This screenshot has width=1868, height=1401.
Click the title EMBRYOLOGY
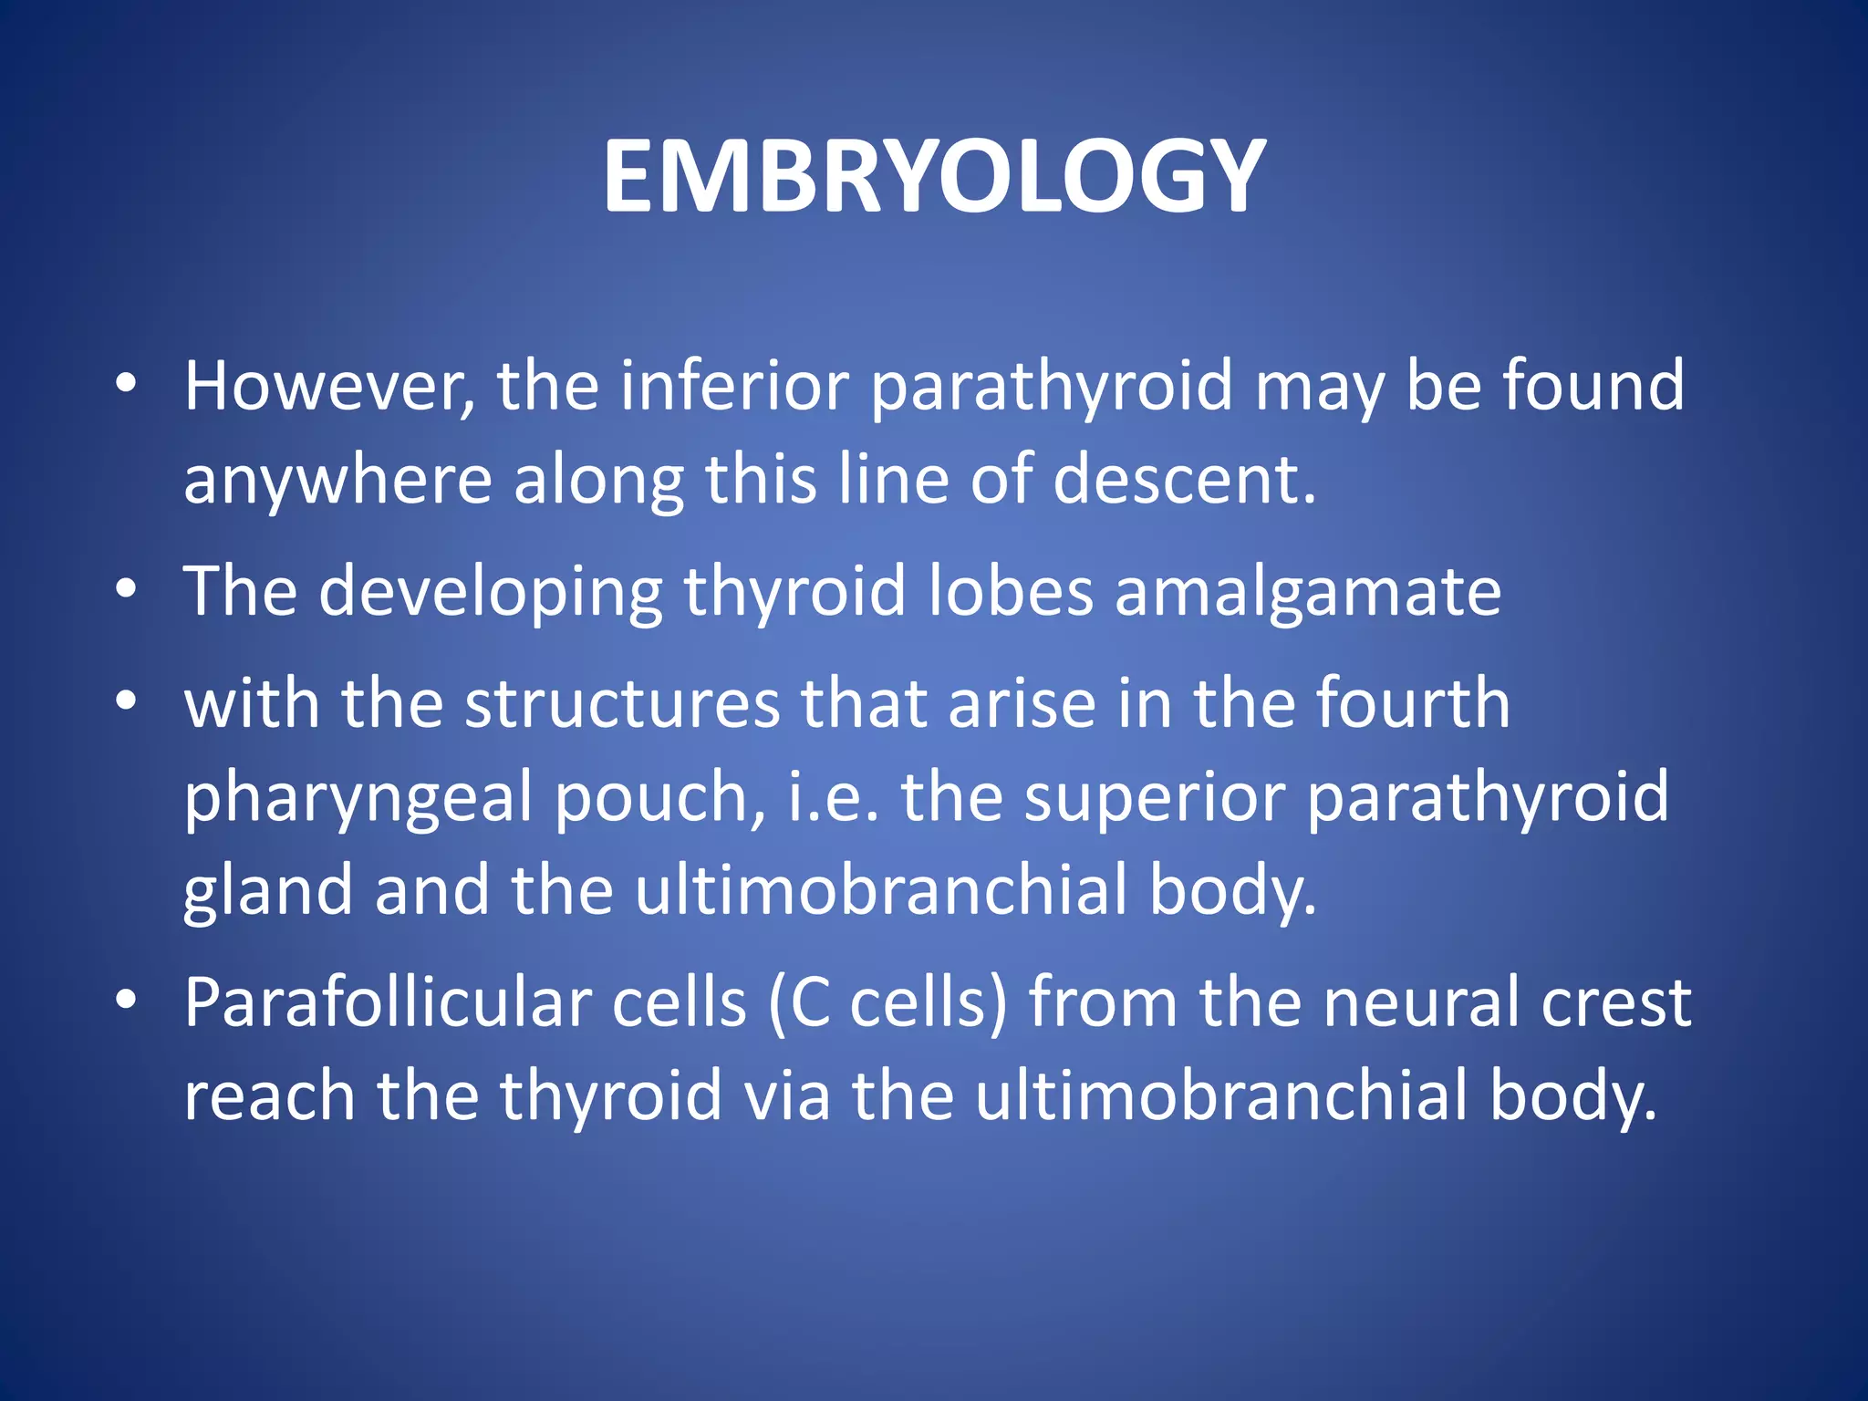(x=934, y=176)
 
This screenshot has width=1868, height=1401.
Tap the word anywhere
(x=337, y=481)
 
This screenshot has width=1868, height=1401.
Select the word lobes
(x=1011, y=591)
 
